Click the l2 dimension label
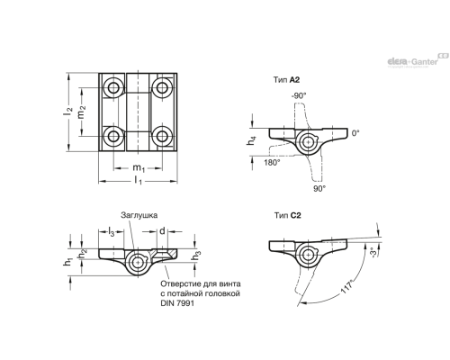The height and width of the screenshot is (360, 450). (68, 112)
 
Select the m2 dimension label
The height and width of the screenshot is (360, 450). (82, 111)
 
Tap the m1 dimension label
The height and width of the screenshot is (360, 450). (139, 167)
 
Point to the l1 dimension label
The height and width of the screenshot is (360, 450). (138, 181)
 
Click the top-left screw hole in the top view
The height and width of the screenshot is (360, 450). (113, 88)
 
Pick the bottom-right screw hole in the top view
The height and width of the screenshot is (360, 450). (162, 136)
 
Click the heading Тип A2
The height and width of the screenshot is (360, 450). (286, 80)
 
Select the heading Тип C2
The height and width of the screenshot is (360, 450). (287, 215)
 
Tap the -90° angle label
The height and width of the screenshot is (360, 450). (299, 96)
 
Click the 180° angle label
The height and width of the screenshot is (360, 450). (272, 162)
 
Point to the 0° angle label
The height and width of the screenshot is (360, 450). (355, 132)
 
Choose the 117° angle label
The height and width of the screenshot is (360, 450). (347, 286)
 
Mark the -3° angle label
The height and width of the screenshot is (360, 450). (373, 252)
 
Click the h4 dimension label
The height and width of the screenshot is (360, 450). (251, 140)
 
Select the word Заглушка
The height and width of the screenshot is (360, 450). (139, 215)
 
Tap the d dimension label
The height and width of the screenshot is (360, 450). (162, 230)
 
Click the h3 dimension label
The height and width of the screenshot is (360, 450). (196, 256)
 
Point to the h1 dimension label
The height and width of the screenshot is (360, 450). (68, 261)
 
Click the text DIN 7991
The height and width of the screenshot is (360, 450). (177, 303)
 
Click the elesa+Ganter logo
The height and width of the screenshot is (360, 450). (418, 60)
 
